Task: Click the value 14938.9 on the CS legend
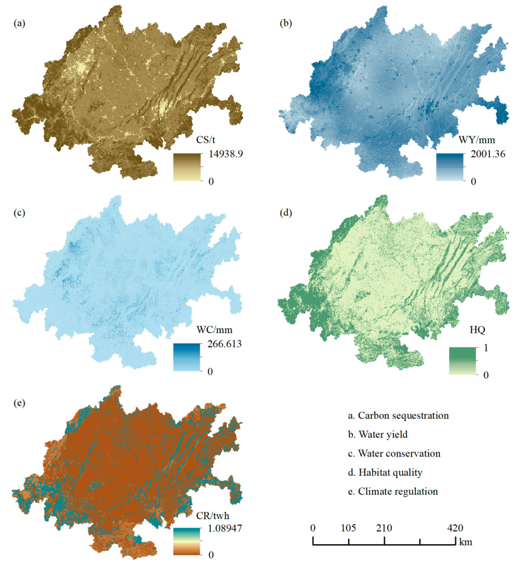(226, 154)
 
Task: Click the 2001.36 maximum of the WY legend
(488, 154)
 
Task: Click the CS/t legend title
(205, 140)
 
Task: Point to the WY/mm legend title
(477, 140)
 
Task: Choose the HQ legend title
(477, 330)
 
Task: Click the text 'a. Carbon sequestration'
(398, 415)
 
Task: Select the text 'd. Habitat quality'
(385, 473)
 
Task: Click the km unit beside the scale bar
(465, 542)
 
